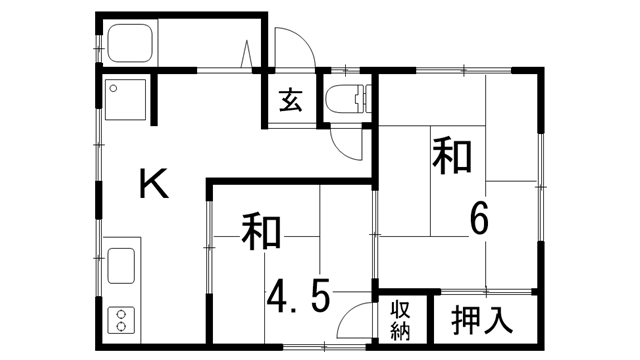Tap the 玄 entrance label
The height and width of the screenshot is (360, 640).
290,99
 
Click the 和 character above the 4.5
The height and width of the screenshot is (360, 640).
261,232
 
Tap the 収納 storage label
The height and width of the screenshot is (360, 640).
400,319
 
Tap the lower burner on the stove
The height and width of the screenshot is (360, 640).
122,326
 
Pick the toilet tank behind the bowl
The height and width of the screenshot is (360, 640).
366,99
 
